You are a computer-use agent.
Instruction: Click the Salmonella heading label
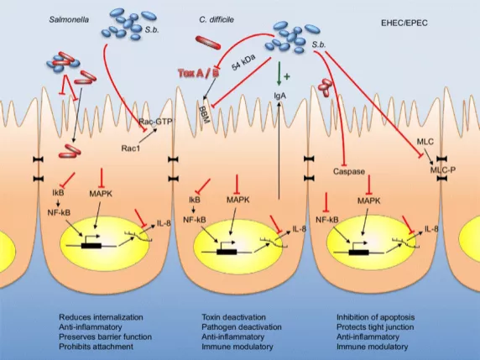(x=69, y=20)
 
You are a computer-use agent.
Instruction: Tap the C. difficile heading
(x=217, y=20)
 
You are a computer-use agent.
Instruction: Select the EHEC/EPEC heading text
(x=404, y=23)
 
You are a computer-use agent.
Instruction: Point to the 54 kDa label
(x=243, y=63)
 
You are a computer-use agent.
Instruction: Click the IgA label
(x=279, y=97)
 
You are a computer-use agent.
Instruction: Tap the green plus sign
(x=287, y=76)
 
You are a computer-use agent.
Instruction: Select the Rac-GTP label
(x=155, y=121)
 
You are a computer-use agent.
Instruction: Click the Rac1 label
(x=131, y=149)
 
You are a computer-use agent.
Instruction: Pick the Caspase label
(x=349, y=171)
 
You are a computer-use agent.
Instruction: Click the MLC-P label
(x=442, y=170)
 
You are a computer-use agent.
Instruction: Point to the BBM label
(x=204, y=115)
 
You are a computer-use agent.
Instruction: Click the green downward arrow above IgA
(x=279, y=74)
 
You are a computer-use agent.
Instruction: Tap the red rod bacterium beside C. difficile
(x=208, y=42)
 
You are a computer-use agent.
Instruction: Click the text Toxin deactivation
(x=233, y=317)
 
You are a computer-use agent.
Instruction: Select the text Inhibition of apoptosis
(x=376, y=317)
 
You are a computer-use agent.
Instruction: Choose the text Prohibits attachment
(x=97, y=347)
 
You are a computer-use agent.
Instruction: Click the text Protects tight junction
(x=375, y=327)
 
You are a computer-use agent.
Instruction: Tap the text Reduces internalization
(x=101, y=317)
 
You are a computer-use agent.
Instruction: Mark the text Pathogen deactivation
(x=242, y=327)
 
